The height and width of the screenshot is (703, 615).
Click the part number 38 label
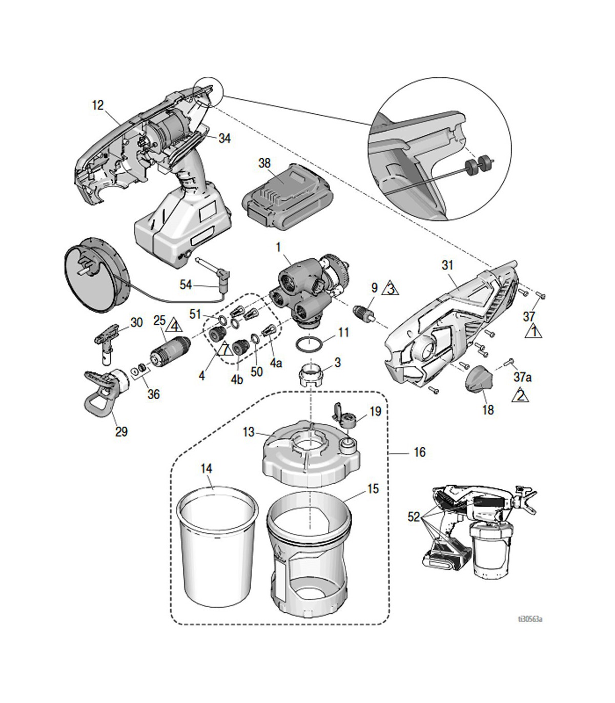[x=264, y=163]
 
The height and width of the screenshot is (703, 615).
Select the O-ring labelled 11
[x=311, y=343]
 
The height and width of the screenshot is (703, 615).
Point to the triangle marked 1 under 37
[x=532, y=332]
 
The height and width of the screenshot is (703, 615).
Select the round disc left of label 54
[x=91, y=277]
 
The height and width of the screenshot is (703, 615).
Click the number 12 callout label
[x=97, y=105]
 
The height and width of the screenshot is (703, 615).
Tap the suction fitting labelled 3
[x=312, y=375]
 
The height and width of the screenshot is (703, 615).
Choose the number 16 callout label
[x=419, y=452]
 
